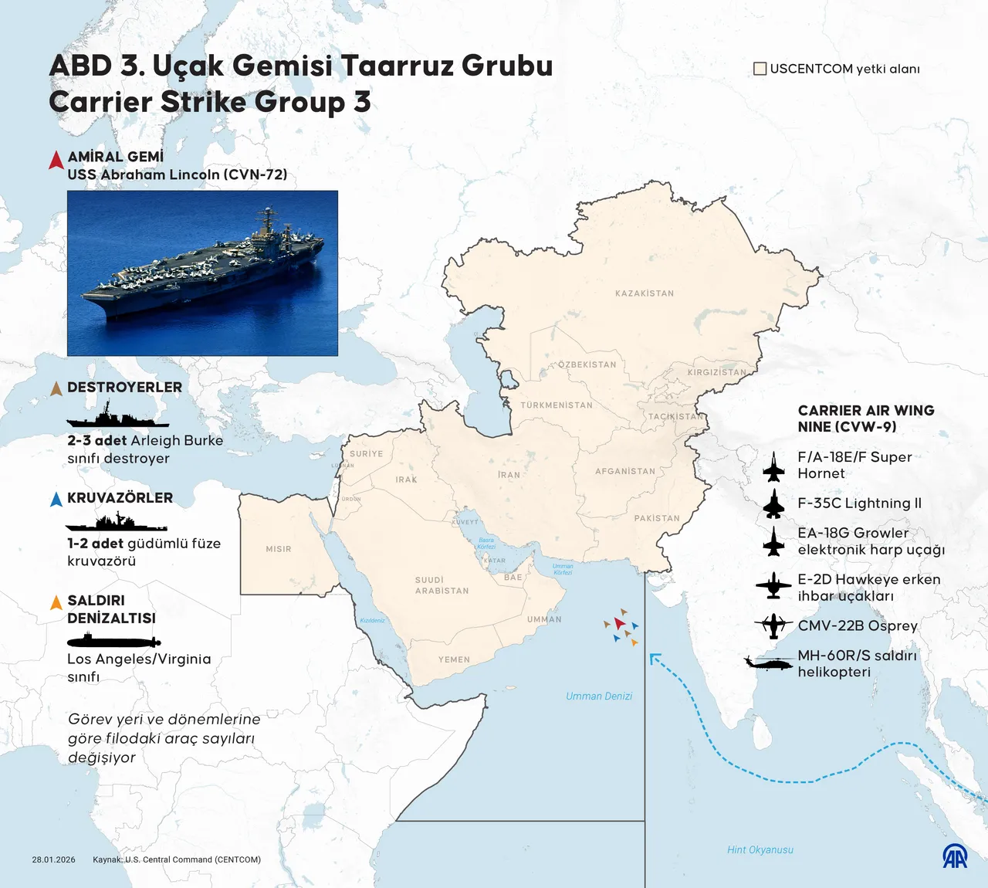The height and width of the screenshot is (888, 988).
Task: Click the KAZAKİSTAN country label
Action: click(644, 293)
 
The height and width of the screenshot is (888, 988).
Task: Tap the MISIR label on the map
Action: click(279, 549)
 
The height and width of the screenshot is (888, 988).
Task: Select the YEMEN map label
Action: click(454, 659)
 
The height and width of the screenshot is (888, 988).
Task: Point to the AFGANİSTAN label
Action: click(625, 471)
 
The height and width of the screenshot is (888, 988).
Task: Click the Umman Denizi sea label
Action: click(599, 697)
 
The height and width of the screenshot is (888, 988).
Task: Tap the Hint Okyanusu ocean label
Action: click(760, 849)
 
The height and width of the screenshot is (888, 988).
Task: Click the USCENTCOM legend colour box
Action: click(760, 69)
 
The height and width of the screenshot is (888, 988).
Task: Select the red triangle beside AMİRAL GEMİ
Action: click(56, 160)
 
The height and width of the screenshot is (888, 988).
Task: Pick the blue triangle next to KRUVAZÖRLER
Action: click(56, 499)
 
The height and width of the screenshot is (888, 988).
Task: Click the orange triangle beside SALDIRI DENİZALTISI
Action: click(56, 602)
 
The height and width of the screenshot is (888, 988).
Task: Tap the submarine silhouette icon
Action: click(113, 641)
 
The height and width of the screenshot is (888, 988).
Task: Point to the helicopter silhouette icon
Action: click(769, 663)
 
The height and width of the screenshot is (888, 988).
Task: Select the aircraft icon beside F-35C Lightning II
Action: click(773, 503)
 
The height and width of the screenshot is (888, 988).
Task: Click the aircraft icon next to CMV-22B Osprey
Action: click(773, 625)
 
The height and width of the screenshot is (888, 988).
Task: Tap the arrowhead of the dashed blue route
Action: click(654, 658)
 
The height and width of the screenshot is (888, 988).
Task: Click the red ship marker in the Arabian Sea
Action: click(620, 622)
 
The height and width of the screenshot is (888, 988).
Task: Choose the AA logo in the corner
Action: click(955, 856)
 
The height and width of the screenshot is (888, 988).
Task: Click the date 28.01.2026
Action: click(54, 859)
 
